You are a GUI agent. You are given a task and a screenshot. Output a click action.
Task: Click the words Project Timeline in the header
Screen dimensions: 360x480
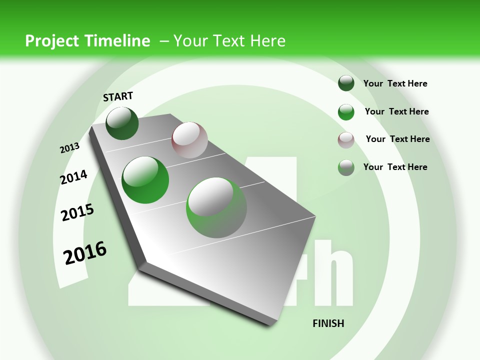tap(87, 41)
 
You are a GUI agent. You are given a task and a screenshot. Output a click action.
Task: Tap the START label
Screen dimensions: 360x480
tap(118, 96)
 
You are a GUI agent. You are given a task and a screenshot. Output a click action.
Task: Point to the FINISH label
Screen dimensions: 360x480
tap(328, 323)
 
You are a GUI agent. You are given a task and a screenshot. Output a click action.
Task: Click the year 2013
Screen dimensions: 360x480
tap(69, 148)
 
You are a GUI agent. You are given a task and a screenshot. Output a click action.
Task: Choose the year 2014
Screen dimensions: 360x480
tap(73, 177)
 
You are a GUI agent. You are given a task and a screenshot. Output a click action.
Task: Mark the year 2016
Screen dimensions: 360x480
tap(85, 252)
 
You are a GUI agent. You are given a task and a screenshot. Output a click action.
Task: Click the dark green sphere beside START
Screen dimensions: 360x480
tap(122, 123)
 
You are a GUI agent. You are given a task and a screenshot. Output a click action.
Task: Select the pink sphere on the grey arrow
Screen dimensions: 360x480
tap(189, 140)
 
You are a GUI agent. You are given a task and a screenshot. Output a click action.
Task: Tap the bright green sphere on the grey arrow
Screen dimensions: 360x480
tap(145, 180)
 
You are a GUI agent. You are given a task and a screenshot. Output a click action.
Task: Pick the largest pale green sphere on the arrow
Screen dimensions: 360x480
tap(216, 207)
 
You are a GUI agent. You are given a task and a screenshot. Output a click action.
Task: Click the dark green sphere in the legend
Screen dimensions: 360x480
tap(346, 83)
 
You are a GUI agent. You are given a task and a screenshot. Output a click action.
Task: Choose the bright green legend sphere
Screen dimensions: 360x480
tap(346, 112)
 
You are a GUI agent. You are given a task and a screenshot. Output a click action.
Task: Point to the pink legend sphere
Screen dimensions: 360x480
tap(346, 140)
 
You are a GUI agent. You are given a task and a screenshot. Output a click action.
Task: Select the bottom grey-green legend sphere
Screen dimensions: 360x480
tap(346, 167)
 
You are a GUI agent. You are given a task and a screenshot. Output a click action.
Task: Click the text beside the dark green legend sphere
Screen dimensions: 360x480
tap(395, 83)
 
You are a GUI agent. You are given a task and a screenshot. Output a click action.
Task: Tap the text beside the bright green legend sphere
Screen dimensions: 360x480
tap(397, 111)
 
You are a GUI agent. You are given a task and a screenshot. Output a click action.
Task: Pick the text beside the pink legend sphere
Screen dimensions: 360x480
tap(398, 139)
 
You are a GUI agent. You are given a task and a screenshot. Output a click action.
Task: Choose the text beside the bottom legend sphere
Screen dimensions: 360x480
tap(395, 167)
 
